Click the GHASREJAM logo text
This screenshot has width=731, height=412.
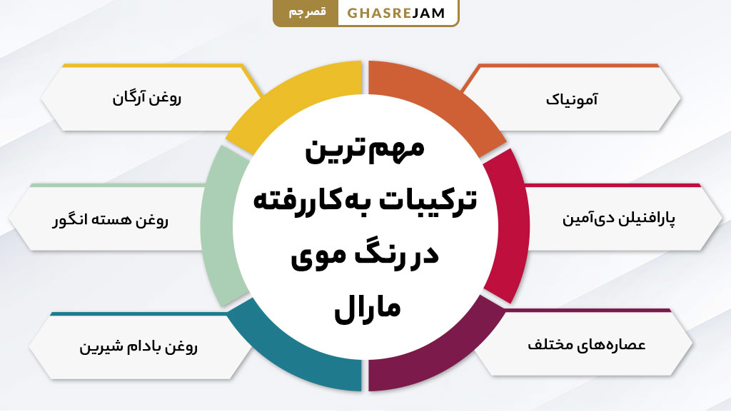tap(396, 14)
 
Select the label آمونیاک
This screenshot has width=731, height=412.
tap(571, 99)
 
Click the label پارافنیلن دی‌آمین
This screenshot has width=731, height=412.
tap(618, 219)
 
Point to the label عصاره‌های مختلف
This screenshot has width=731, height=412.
tap(586, 344)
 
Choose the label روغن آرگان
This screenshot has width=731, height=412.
tap(146, 98)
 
